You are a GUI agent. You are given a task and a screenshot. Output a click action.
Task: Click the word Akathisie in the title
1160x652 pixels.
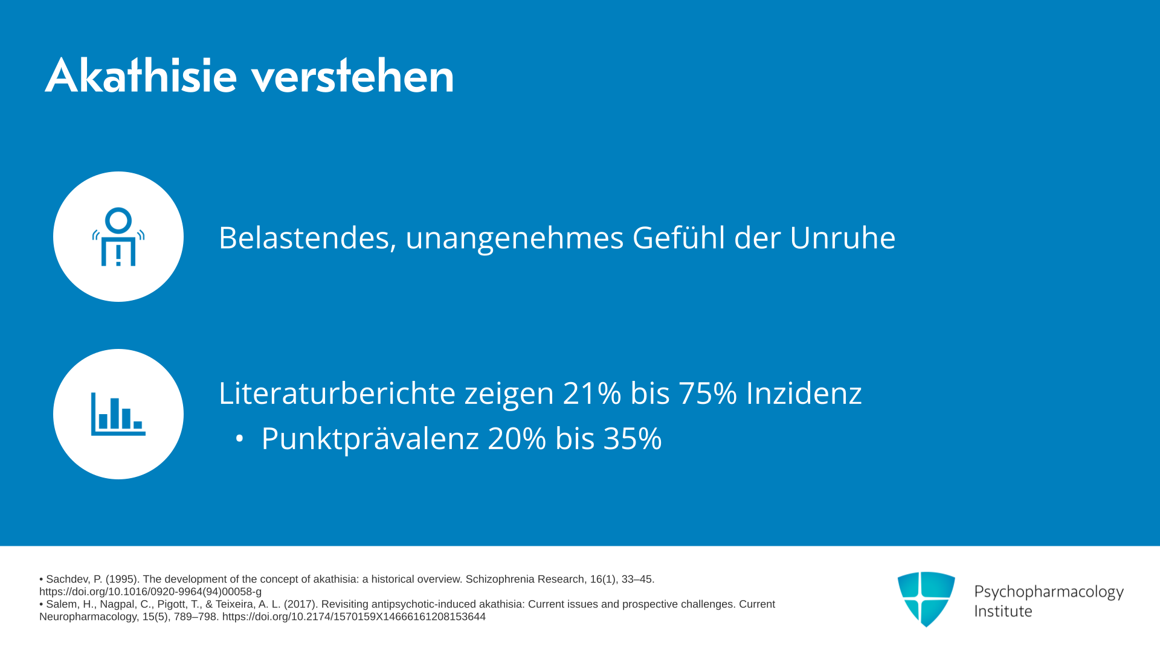point(141,75)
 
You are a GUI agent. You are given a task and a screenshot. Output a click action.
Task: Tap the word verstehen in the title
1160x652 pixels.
point(352,75)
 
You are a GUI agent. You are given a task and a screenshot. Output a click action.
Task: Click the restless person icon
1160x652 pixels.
point(118,237)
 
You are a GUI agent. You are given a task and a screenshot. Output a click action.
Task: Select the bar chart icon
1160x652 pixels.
point(118,414)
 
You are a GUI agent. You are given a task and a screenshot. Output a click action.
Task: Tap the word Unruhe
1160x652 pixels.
point(842,238)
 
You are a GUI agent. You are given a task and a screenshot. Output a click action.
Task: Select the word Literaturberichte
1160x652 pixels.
point(337,393)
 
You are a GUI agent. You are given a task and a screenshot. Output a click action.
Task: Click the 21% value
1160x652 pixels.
point(592,393)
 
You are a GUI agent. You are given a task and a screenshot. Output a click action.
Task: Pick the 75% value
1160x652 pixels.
point(707,393)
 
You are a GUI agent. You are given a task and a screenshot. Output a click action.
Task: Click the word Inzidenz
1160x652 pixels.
point(804,393)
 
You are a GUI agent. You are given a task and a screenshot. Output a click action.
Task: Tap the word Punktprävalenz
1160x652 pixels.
point(370,439)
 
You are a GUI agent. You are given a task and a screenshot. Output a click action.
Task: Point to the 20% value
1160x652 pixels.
point(517,438)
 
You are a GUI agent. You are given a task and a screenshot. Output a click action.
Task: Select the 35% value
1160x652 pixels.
point(633,438)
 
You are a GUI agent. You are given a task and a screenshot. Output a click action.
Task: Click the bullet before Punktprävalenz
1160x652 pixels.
point(240,439)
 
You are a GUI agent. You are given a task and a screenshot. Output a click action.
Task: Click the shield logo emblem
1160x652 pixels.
point(926,599)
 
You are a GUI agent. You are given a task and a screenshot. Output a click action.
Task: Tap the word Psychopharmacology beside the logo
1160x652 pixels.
point(1049,592)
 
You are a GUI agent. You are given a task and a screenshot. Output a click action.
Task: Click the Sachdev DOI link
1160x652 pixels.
point(150,592)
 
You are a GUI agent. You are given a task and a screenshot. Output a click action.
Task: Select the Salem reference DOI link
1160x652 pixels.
point(354,616)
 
